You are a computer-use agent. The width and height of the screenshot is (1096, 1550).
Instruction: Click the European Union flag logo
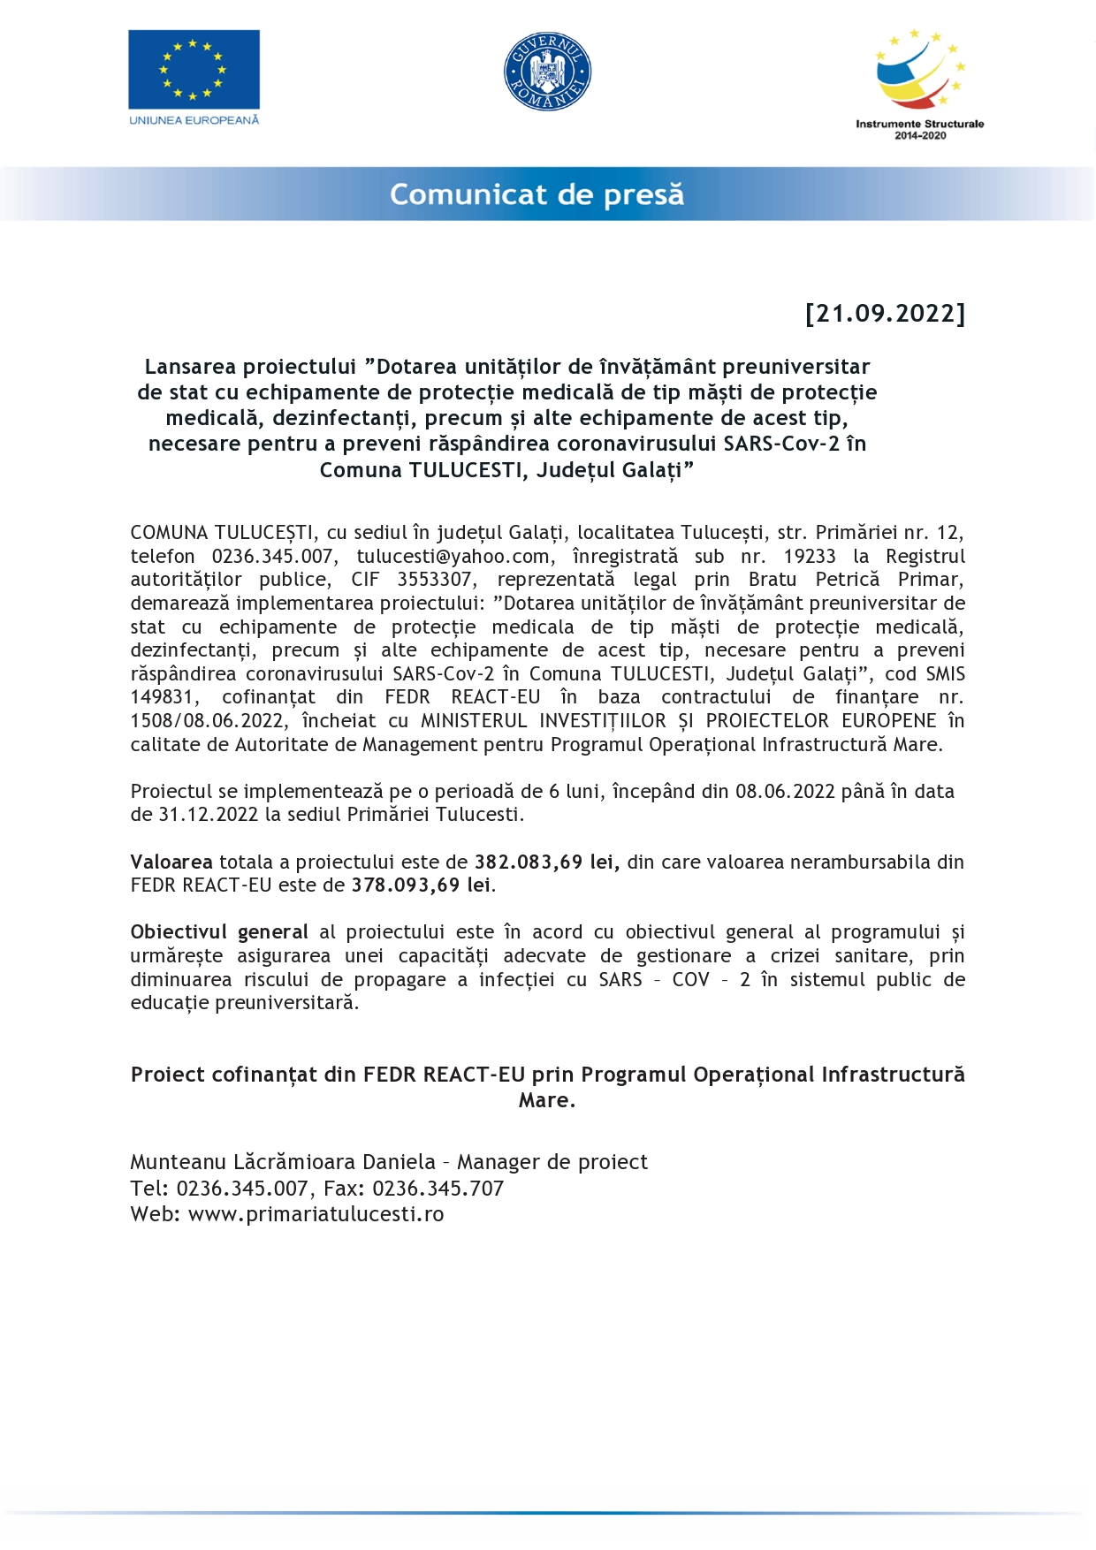pos(194,70)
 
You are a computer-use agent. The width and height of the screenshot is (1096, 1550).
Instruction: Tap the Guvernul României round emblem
pos(547,72)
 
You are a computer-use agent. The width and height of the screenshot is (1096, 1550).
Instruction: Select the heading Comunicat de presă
pos(537,194)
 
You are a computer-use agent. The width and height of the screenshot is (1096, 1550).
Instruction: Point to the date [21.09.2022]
pos(885,314)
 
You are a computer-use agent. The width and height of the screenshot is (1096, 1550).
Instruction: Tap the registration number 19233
pos(809,557)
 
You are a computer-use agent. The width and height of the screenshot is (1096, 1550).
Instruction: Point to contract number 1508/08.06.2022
pos(209,721)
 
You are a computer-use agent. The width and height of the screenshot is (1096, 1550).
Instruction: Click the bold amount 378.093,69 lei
pos(421,885)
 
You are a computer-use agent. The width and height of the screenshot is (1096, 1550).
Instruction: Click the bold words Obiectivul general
pos(219,932)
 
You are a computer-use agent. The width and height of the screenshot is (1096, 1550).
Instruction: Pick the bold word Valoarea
pos(171,862)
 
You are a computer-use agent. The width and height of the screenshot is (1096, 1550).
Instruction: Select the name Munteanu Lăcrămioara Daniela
pos(283,1162)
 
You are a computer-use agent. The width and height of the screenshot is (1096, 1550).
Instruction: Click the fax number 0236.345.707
pos(438,1189)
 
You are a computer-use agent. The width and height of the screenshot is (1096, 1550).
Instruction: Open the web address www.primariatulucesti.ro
pos(316,1214)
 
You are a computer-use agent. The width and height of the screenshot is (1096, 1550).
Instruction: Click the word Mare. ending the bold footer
pos(547,1100)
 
